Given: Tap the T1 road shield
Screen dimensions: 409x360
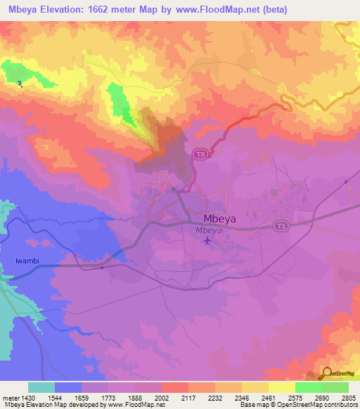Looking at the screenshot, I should pyautogui.click(x=281, y=226).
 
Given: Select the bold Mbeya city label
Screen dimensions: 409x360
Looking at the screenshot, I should pyautogui.click(x=219, y=219).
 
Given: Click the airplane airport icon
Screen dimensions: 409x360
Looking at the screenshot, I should pyautogui.click(x=207, y=241).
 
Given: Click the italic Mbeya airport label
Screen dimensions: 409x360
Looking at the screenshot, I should pyautogui.click(x=208, y=230).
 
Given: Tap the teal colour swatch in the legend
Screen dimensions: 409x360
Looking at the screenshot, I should pyautogui.click(x=41, y=387).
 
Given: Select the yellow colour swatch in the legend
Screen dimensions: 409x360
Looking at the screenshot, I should pyautogui.click(x=281, y=387).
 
